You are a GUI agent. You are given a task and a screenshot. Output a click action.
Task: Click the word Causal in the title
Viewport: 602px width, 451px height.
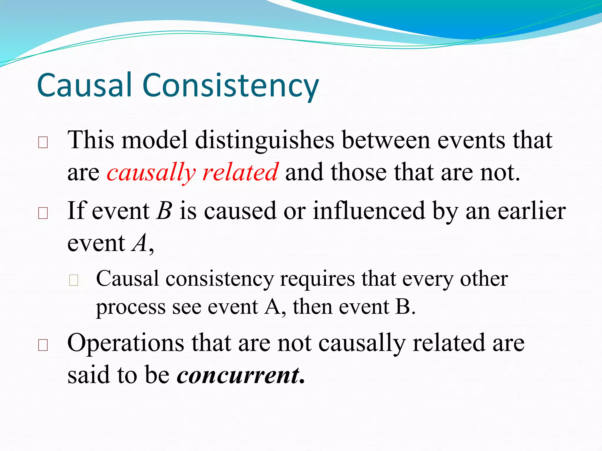84,85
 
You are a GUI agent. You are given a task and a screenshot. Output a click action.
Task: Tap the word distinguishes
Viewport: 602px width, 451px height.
265,140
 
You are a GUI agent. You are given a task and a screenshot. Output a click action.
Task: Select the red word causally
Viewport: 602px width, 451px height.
151,173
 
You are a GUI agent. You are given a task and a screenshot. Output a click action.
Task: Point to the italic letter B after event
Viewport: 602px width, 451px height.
164,211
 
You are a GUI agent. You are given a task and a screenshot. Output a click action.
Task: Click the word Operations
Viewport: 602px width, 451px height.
126,343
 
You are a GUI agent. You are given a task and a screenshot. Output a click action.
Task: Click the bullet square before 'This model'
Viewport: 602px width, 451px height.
43,143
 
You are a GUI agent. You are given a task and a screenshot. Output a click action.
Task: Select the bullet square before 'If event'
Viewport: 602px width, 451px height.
43,213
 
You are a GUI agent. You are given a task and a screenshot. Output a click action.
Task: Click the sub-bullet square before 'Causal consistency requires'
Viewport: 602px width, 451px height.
73,280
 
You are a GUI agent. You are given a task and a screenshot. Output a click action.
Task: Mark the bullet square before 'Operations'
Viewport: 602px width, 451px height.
43,345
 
